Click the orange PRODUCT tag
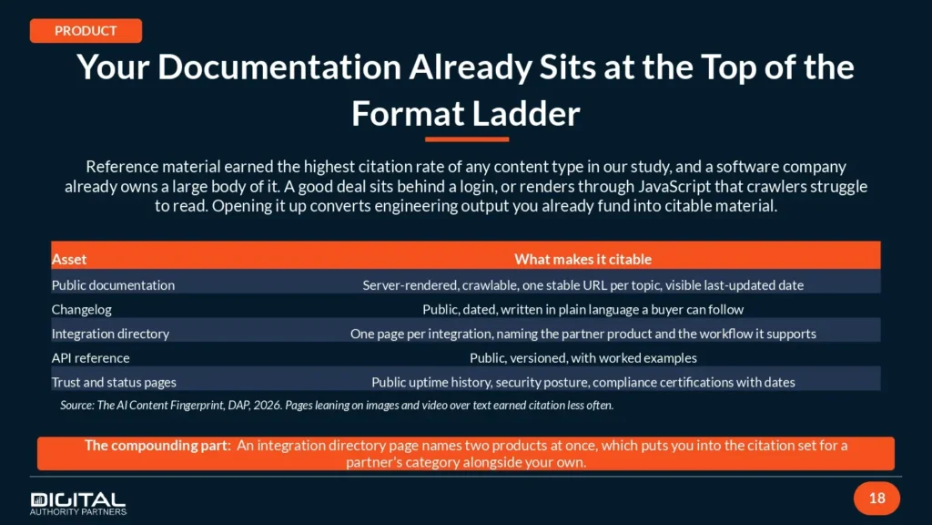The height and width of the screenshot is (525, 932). point(86,31)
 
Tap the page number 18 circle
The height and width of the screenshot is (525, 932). point(876,499)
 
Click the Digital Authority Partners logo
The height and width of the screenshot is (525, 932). point(78,503)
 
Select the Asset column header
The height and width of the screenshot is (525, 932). point(69,259)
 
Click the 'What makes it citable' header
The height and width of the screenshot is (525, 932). point(582,259)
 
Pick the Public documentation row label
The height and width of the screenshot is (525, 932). point(113,285)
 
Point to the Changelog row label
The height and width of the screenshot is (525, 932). point(81,310)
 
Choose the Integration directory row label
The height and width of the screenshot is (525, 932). point(110,334)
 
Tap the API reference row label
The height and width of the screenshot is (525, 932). point(90,357)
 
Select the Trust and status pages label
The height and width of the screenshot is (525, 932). point(114,382)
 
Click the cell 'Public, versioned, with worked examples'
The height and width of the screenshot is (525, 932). point(583,357)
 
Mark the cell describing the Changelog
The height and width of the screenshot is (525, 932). point(583,310)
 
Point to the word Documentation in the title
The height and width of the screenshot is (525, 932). point(279,67)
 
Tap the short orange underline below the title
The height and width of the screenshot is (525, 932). point(467,139)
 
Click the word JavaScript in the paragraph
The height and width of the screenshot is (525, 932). point(674,186)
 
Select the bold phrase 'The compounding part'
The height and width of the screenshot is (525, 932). point(157,445)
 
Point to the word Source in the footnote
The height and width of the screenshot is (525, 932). point(76,406)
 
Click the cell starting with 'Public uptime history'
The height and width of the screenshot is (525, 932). point(583,382)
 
